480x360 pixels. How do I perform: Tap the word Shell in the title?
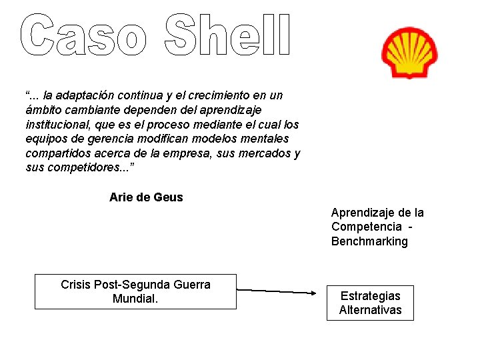[x=227, y=34]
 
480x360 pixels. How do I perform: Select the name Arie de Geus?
[x=146, y=197]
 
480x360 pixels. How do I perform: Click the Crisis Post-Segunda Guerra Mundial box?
[x=135, y=291]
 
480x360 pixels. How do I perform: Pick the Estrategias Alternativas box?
[x=370, y=303]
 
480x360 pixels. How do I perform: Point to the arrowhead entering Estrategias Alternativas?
[x=313, y=292]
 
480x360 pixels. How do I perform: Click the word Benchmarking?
[x=369, y=241]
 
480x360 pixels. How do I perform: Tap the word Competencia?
[x=367, y=227]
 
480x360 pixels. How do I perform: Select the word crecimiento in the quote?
[x=225, y=95]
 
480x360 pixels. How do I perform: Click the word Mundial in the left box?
[x=135, y=299]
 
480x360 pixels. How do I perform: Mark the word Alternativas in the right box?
[x=370, y=310]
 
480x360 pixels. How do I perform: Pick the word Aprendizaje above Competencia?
[x=364, y=213]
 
